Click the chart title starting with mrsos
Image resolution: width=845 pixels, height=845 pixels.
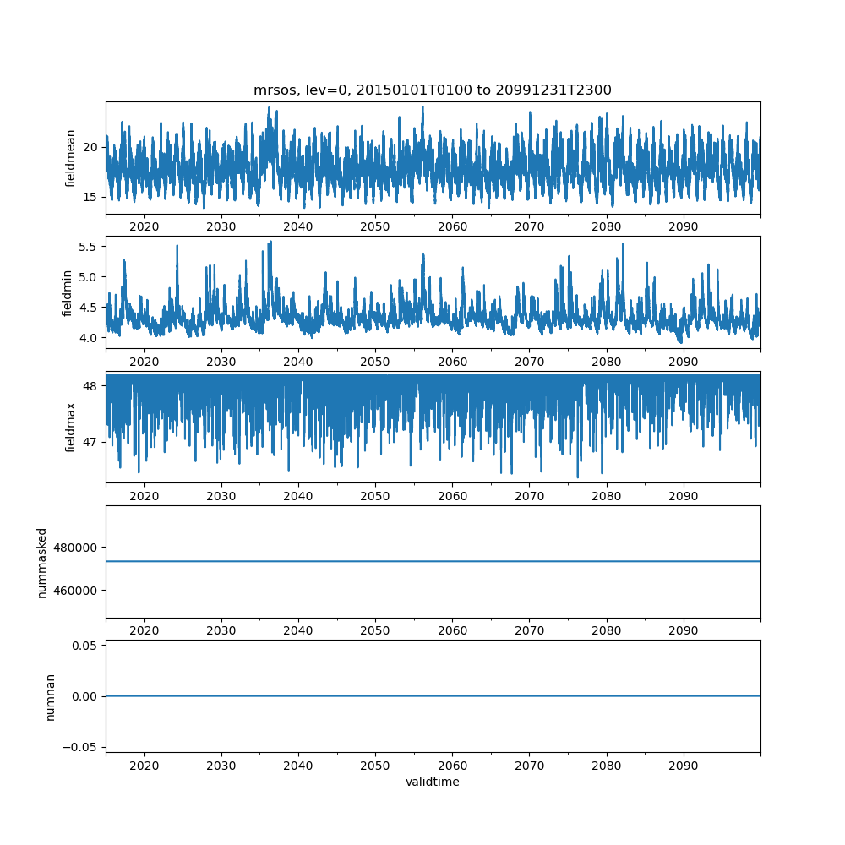(x=433, y=90)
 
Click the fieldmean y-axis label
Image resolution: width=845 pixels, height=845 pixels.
(x=71, y=158)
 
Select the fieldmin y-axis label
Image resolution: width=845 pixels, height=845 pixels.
(x=68, y=292)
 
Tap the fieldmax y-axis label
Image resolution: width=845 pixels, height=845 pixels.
(x=71, y=427)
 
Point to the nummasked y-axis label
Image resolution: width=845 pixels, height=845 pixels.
(x=42, y=562)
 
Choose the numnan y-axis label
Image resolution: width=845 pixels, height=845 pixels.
(x=50, y=696)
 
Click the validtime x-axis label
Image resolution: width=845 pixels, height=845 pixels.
(x=433, y=782)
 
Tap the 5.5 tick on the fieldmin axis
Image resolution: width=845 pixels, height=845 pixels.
(x=86, y=246)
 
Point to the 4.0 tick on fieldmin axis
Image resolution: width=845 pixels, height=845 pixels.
(x=86, y=338)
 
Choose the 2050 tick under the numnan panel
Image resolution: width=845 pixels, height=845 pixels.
(x=375, y=765)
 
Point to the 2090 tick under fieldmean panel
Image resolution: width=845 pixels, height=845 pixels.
(x=683, y=226)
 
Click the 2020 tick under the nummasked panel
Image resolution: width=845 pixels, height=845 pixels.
(x=144, y=630)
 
